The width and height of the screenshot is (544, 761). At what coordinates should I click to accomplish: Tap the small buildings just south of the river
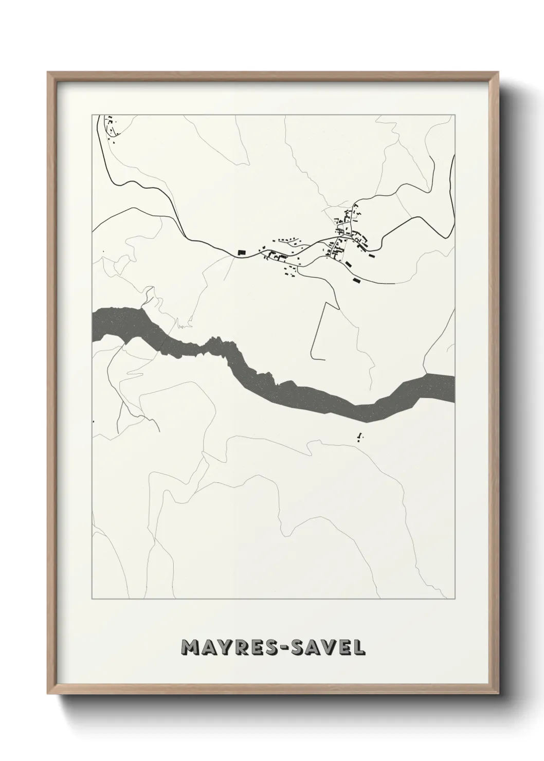click(x=360, y=437)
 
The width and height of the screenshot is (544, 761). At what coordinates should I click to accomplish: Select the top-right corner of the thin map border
click(x=455, y=115)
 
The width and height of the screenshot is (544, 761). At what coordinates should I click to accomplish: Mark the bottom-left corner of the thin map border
click(x=92, y=600)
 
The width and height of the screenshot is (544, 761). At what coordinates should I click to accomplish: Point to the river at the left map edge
click(x=96, y=324)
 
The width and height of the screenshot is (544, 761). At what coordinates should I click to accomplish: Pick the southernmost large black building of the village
click(x=355, y=280)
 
